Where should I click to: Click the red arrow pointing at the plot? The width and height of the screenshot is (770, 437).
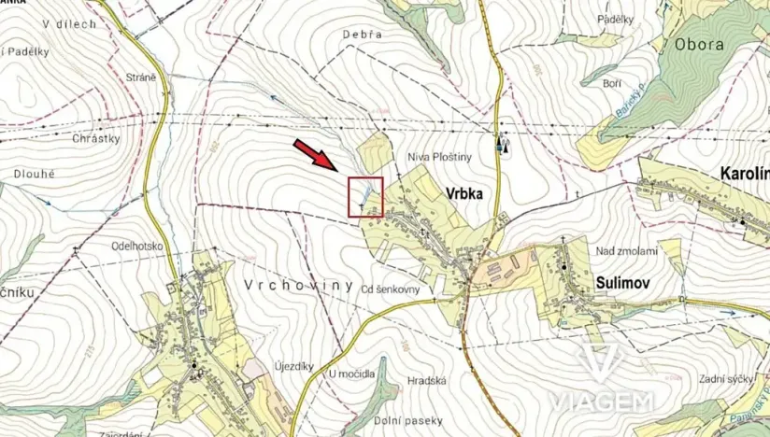[317, 155]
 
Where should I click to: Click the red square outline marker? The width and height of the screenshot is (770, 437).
[365, 196]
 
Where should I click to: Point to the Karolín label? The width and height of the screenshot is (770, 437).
[744, 174]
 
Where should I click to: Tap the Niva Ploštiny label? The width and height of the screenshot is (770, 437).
[436, 159]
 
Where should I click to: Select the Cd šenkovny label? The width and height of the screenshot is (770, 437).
[397, 289]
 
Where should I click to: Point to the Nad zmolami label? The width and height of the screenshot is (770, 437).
[631, 250]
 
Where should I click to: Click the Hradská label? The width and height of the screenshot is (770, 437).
[427, 380]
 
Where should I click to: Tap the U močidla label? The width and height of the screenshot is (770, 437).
[351, 374]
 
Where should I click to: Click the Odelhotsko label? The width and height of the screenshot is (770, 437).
[137, 247]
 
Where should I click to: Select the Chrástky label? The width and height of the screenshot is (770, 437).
[97, 137]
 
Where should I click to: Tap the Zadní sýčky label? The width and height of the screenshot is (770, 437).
[725, 378]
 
